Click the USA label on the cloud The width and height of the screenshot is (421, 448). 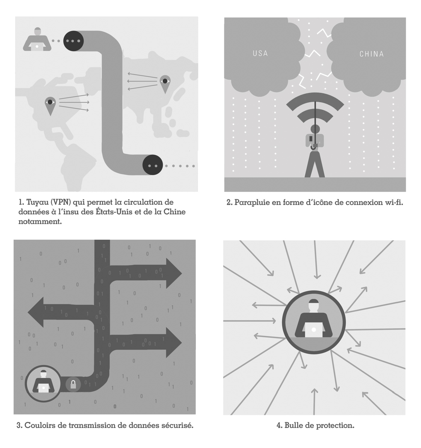click(x=260, y=54)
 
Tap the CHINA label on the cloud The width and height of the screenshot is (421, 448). click(x=371, y=54)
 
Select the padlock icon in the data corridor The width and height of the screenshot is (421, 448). click(x=73, y=384)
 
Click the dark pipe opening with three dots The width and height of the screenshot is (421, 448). click(x=73, y=41)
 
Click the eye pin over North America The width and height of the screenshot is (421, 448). click(x=50, y=106)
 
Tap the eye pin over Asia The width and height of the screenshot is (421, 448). click(x=165, y=84)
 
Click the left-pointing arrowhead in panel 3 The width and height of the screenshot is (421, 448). click(x=35, y=312)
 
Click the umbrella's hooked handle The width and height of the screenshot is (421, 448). click(x=314, y=147)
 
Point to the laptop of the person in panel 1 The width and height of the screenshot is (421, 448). click(x=37, y=47)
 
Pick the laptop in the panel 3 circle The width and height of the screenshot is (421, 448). click(x=44, y=388)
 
